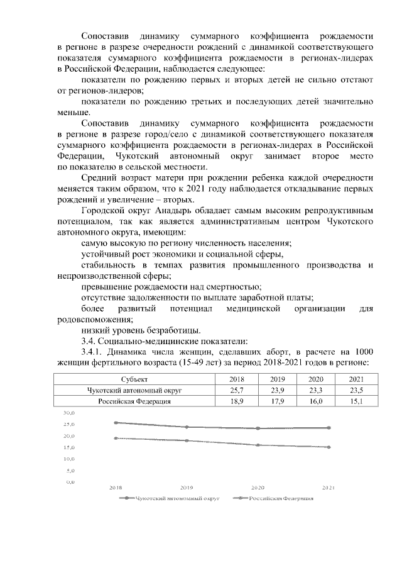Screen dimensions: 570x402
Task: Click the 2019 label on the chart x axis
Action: coord(187,488)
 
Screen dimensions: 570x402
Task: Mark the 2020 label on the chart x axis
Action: coord(258,488)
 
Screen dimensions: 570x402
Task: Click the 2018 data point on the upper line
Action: coord(116,423)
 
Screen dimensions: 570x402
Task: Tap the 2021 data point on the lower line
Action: coord(329,447)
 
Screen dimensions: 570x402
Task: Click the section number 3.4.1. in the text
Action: coord(94,351)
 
